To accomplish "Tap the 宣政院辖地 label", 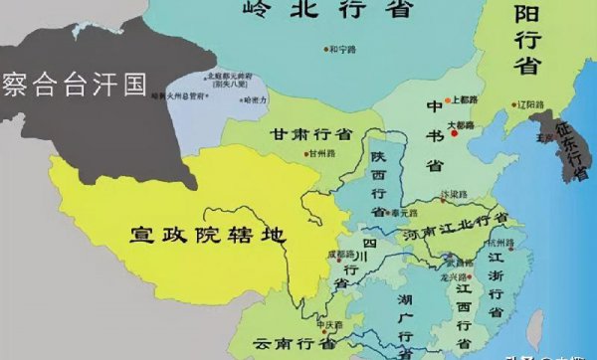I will click(x=208, y=235).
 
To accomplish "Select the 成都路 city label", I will click(x=340, y=255).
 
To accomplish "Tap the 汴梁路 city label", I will click(x=452, y=195).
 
